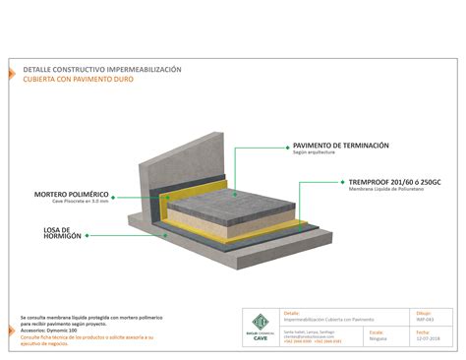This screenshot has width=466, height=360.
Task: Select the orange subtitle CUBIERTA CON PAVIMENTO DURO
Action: tap(78, 79)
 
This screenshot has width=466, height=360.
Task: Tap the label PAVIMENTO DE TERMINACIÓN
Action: tap(341, 146)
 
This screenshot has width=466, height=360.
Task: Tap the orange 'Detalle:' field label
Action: tap(291, 313)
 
